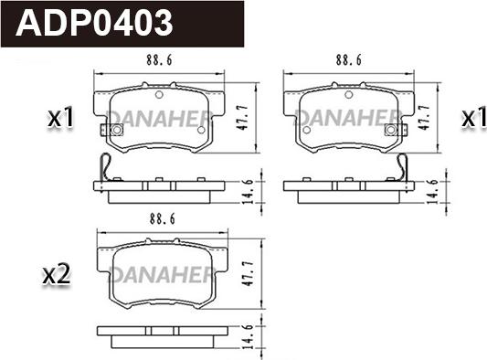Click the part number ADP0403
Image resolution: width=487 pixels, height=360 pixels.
(x=94, y=23)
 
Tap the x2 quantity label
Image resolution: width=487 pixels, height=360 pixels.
(x=57, y=275)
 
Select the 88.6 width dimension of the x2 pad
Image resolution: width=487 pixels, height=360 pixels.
(x=162, y=219)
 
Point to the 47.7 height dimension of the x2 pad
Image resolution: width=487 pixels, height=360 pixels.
(x=249, y=273)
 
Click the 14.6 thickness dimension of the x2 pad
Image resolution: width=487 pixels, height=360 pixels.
(x=249, y=337)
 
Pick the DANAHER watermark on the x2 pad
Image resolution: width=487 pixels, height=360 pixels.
(x=162, y=275)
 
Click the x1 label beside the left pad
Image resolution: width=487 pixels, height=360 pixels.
(x=60, y=118)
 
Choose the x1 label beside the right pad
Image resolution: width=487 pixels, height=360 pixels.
(x=474, y=118)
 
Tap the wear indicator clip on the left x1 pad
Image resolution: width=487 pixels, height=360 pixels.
(x=111, y=130)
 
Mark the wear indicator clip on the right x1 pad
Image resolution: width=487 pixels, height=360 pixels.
(x=396, y=130)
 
